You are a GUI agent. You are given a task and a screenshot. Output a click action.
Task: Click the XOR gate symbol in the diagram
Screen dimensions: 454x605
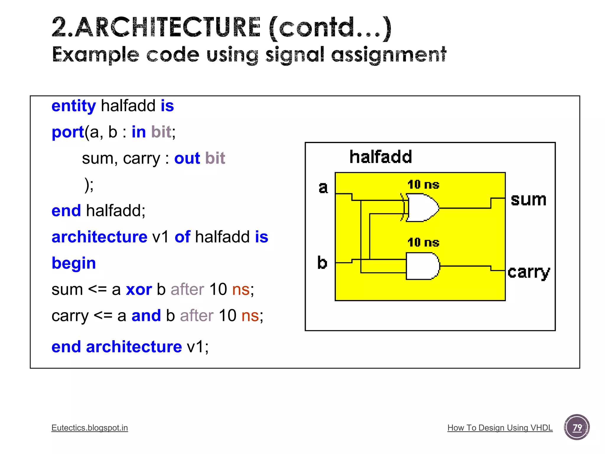point(421,207)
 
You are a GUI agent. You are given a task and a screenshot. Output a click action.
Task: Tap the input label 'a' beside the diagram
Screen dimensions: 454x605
point(323,188)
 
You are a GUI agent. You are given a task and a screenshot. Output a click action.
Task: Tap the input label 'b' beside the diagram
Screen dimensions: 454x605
point(322,262)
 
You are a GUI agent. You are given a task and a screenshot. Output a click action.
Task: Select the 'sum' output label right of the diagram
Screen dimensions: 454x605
point(528,200)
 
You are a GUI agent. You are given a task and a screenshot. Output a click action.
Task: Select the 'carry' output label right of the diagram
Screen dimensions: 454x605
point(529,272)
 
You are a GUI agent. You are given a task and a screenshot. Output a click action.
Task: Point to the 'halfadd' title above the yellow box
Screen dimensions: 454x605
point(380,157)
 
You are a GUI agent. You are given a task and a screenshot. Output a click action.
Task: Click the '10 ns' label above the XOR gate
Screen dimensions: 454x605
point(423,185)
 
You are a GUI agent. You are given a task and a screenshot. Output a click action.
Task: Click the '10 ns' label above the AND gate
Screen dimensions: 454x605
point(423,243)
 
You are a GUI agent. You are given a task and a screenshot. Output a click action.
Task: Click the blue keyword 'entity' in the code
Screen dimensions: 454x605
point(74,106)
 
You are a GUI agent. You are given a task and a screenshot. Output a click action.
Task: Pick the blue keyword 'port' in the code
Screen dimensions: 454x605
point(68,132)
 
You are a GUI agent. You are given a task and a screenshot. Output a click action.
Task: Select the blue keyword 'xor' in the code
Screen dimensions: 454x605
point(139,289)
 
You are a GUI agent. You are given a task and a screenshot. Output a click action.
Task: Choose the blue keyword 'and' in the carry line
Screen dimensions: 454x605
point(146,316)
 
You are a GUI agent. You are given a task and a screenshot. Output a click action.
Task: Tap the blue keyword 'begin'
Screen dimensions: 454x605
point(74,263)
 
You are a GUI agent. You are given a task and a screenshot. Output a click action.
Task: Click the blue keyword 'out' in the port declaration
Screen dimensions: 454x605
point(187,158)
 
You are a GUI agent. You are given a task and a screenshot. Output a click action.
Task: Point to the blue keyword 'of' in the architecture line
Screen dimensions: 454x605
point(182,237)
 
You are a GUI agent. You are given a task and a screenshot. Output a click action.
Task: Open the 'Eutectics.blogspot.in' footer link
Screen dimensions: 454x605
point(90,428)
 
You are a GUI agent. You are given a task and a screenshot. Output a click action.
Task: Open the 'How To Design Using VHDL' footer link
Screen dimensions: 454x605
point(500,428)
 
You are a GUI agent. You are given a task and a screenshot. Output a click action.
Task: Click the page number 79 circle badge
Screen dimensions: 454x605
point(577,427)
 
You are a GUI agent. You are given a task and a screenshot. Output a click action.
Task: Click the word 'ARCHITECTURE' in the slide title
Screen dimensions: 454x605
point(167,27)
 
